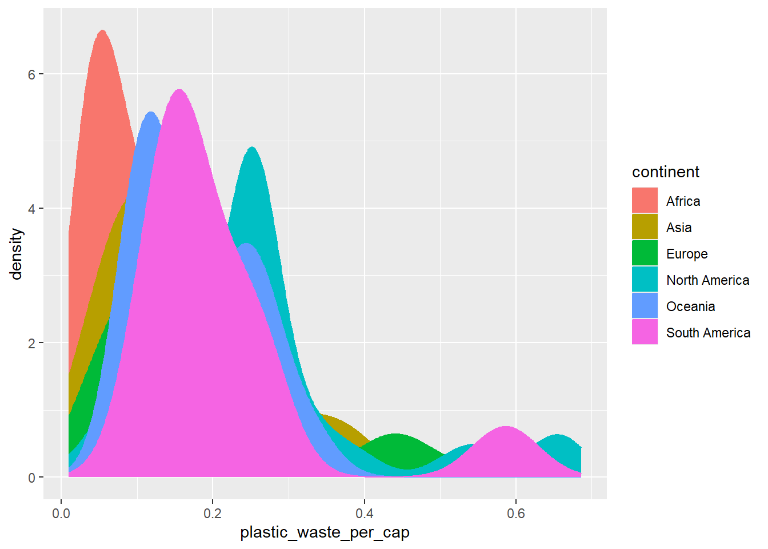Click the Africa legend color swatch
(645, 201)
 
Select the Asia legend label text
(679, 228)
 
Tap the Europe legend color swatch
(645, 253)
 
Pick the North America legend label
(707, 280)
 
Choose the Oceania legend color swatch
(645, 306)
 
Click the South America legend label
(708, 333)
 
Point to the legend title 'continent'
(666, 172)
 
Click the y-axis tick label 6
(32, 74)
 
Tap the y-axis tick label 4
(32, 209)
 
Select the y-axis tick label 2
(32, 343)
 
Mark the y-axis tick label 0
(32, 478)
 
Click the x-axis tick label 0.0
(61, 514)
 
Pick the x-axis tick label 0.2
(213, 514)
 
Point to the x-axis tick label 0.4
(365, 514)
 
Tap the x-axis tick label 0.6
(516, 514)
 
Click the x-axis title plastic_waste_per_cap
(325, 532)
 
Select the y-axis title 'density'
(17, 254)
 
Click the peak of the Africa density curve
(102, 31)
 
